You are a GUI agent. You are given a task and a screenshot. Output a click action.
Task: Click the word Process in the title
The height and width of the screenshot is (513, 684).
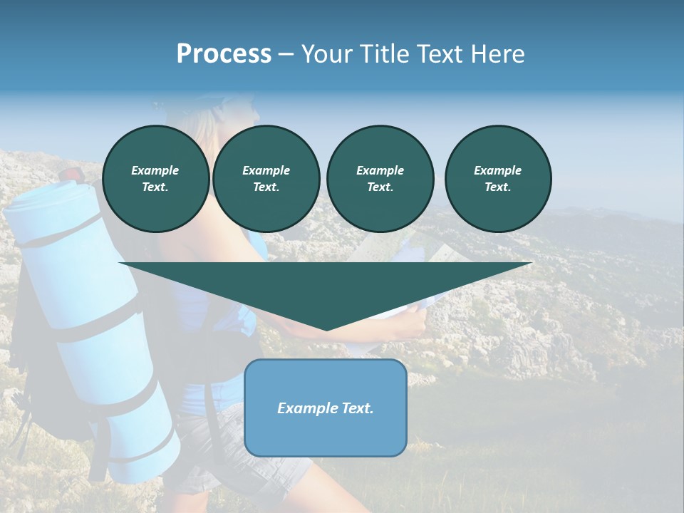click(x=224, y=54)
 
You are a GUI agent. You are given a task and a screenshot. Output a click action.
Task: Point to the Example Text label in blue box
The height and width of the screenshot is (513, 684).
click(x=326, y=408)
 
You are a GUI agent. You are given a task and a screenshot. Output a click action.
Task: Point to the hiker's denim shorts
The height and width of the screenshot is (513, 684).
click(x=235, y=449)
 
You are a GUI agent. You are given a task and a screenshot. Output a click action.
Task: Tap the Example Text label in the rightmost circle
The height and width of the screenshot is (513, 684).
click(x=498, y=179)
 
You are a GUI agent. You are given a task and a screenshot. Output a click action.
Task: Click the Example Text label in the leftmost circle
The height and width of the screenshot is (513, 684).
click(x=155, y=179)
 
